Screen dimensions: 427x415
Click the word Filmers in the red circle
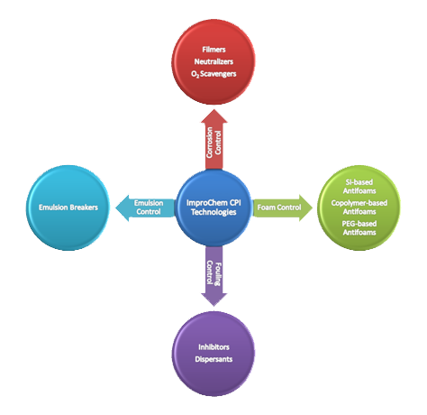point(213,50)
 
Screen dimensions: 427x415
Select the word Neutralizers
point(213,61)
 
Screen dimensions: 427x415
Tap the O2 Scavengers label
point(213,74)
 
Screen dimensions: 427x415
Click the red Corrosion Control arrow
point(214,139)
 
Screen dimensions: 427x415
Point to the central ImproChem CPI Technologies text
point(213,207)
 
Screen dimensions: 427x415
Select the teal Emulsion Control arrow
point(145,207)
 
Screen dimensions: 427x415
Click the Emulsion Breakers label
point(68,207)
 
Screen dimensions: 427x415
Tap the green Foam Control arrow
point(282,207)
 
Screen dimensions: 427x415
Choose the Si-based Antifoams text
point(359,187)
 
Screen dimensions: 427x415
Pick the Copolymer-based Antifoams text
point(359,207)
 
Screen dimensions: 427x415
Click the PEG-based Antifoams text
point(359,228)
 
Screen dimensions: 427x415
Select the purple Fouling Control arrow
point(214,276)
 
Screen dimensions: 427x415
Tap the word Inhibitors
point(213,347)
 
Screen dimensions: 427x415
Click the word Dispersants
point(213,359)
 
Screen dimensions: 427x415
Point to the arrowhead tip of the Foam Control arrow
point(313,207)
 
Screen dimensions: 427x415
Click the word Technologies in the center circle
point(213,212)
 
